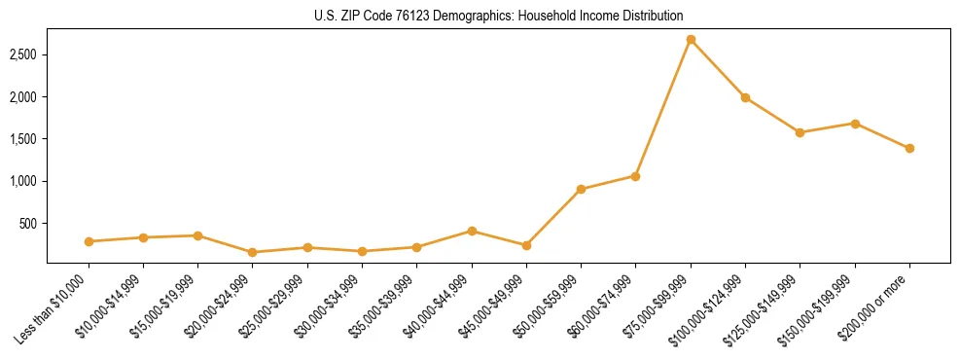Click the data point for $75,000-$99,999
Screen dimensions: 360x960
(x=691, y=40)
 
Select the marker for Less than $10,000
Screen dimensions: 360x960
(x=89, y=241)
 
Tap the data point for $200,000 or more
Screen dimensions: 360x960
(x=909, y=149)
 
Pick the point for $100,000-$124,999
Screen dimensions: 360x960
(x=745, y=97)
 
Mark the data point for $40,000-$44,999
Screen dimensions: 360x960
(x=472, y=231)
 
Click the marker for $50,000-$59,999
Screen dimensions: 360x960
(x=581, y=189)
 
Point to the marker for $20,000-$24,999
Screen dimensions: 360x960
(x=253, y=252)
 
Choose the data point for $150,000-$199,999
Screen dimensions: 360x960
(x=855, y=124)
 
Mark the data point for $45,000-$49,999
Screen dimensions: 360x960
(x=526, y=245)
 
